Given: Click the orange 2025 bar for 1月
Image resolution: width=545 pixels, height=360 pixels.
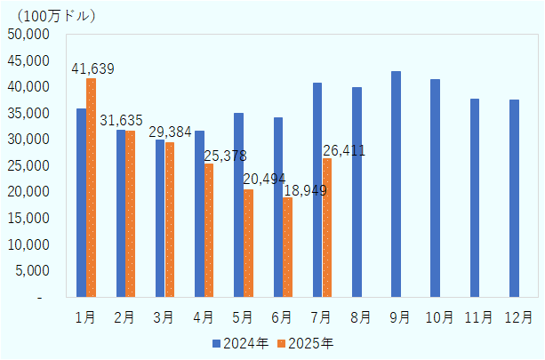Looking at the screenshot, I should coord(91,188).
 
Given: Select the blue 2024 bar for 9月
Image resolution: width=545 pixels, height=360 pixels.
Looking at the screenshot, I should coord(397,184).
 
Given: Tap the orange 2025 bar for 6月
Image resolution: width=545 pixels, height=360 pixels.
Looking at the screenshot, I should coord(287,247).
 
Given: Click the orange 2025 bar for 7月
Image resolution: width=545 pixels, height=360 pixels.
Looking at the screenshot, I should coord(327,228).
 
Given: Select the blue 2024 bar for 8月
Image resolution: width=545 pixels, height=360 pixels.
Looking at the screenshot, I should coord(357,192).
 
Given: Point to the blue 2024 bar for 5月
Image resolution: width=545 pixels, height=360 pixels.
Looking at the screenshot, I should coord(238,204).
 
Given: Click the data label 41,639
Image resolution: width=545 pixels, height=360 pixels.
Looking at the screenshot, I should coord(92,68).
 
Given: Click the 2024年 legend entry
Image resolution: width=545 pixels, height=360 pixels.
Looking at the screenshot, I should coord(237,342).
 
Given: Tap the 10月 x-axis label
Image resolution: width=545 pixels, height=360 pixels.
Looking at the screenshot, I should coord(437,316).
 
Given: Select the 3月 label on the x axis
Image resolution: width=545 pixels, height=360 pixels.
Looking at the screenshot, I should coord(164,316).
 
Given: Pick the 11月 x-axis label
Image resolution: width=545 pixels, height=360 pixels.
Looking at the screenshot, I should coord(477,316).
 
